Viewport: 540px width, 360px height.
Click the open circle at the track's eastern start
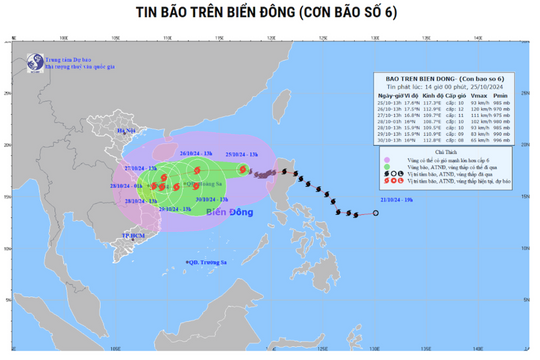coord(375,212)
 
